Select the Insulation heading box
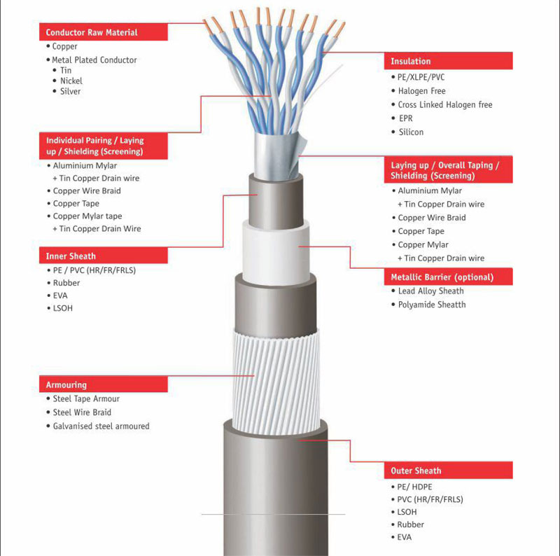[x=448, y=61]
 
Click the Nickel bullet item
[x=68, y=81]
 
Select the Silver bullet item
[x=66, y=92]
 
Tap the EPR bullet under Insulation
[x=402, y=118]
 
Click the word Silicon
[x=411, y=132]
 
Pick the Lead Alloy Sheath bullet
[x=428, y=291]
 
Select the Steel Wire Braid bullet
[x=79, y=412]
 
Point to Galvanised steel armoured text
[x=101, y=426]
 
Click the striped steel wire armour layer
[x=276, y=382]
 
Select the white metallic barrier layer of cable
[x=276, y=253]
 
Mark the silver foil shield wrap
[x=276, y=155]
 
